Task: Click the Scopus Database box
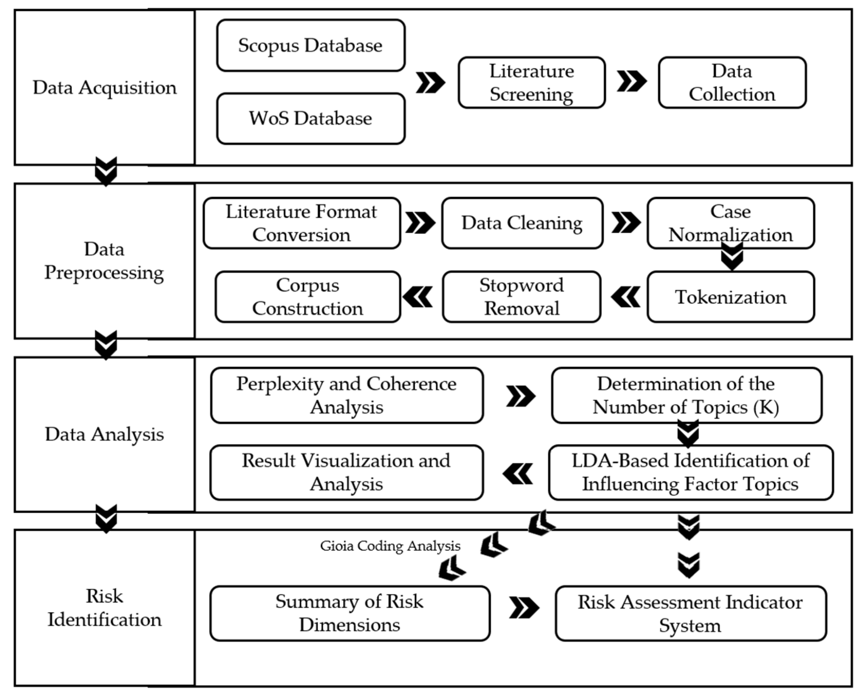310,45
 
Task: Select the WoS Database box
310,119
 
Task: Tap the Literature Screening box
532,82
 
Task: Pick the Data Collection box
732,82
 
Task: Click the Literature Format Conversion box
302,223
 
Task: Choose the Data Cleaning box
522,223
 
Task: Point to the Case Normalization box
731,223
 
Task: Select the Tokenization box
731,297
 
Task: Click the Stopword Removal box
522,297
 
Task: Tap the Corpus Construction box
308,297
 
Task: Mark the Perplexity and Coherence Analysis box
347,395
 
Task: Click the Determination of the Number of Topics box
686,395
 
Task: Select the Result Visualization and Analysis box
346,472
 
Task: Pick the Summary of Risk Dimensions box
350,614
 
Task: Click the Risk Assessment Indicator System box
690,614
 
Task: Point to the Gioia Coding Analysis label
390,546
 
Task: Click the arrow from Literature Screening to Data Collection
631,81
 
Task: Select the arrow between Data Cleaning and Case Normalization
626,222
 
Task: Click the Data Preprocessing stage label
104,261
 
